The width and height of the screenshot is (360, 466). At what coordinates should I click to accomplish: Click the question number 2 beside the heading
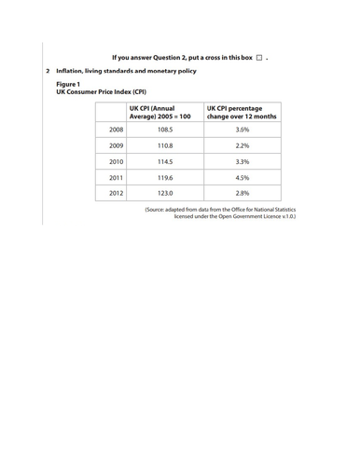pyautogui.click(x=48, y=71)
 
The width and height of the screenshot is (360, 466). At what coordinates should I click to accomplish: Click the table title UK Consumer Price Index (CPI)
pyautogui.click(x=102, y=92)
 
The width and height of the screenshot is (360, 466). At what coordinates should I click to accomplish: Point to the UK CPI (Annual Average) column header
pyautogui.click(x=159, y=113)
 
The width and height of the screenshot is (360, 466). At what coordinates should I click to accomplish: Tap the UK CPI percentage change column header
pyautogui.click(x=242, y=113)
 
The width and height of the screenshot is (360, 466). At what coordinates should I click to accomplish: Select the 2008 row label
pyautogui.click(x=117, y=130)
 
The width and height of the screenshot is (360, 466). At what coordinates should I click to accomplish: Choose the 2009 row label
pyautogui.click(x=117, y=146)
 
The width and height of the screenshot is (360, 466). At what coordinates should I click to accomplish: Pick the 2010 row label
pyautogui.click(x=117, y=162)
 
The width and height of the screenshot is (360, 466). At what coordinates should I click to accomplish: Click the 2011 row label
pyautogui.click(x=117, y=177)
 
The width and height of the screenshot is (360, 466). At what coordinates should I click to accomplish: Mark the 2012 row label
pyautogui.click(x=117, y=193)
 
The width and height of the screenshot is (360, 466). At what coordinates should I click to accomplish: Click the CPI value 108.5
pyautogui.click(x=165, y=130)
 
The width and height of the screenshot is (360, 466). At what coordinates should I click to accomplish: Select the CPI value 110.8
pyautogui.click(x=165, y=146)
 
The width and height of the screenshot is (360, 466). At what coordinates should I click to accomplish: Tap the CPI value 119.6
pyautogui.click(x=165, y=177)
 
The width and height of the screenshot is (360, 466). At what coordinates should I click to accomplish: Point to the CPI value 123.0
pyautogui.click(x=165, y=193)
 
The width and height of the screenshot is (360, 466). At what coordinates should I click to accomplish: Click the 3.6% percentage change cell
pyautogui.click(x=242, y=130)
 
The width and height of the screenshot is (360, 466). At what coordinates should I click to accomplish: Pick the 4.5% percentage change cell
pyautogui.click(x=242, y=177)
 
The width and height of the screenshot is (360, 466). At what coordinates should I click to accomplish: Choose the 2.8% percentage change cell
pyautogui.click(x=242, y=193)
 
